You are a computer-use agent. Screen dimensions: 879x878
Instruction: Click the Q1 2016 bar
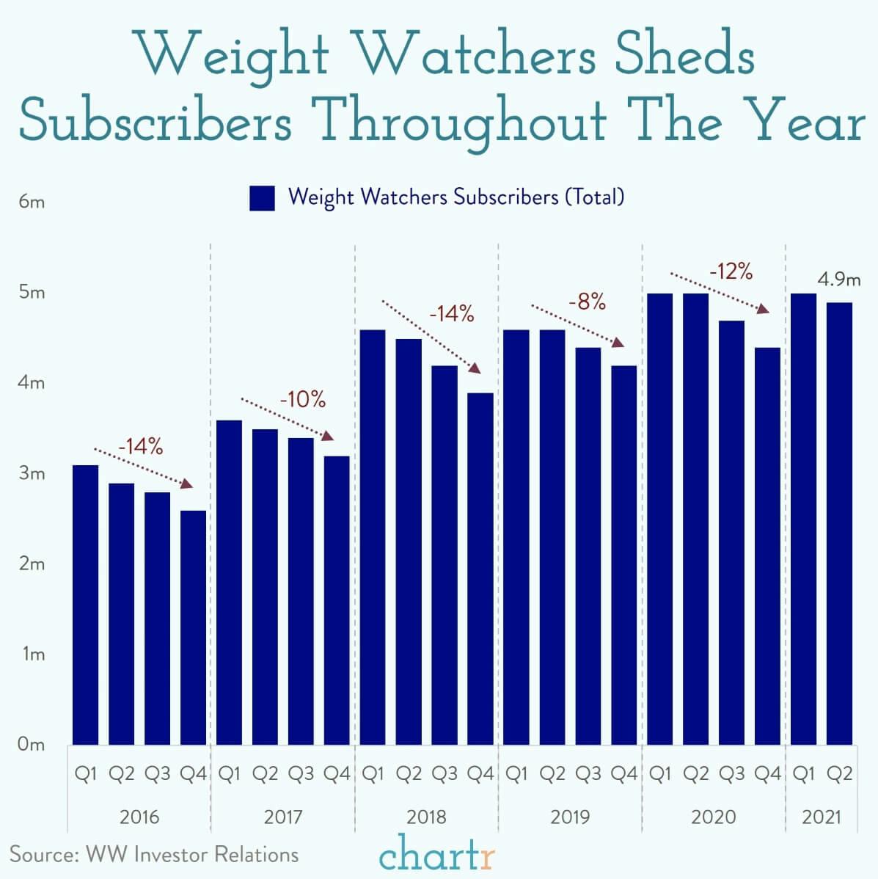tap(85, 605)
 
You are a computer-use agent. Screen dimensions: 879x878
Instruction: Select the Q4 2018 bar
tap(480, 569)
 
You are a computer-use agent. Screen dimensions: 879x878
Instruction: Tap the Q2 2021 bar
tap(839, 523)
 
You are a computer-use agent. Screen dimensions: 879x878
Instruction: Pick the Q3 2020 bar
tap(731, 532)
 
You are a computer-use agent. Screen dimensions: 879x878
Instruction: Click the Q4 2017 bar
tap(337, 600)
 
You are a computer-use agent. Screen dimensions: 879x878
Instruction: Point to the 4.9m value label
tap(839, 280)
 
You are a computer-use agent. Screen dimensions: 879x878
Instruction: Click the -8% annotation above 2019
tap(587, 301)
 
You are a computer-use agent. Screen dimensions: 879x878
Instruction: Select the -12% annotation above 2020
tap(731, 271)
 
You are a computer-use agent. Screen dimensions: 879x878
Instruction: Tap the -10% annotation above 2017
tap(302, 400)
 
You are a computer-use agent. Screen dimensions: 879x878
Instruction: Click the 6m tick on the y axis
tap(32, 202)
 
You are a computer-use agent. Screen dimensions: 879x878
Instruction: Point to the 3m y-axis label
tap(32, 473)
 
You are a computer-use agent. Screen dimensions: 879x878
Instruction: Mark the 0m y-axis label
tap(32, 745)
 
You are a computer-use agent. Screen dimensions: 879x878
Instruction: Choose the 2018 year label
tap(426, 817)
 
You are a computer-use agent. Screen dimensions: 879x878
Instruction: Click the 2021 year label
tap(822, 817)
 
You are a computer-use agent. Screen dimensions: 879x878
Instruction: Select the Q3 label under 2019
tap(588, 774)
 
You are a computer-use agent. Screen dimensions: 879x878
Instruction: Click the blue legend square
tap(262, 198)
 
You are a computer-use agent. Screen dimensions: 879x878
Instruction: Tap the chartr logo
tap(437, 855)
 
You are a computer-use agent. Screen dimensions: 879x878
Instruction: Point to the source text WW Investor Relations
tap(192, 854)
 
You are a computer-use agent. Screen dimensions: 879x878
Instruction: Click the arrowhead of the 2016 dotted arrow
tap(188, 484)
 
